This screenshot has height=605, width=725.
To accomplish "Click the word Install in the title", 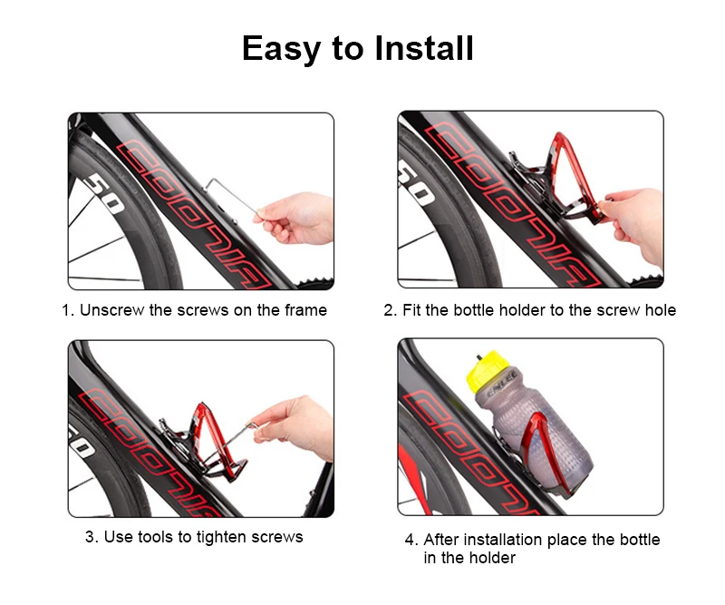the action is [424, 48].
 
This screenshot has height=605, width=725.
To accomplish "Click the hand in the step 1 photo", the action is [296, 218].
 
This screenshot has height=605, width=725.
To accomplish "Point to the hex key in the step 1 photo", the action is [230, 196].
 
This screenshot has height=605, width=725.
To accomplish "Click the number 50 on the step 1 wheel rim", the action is [104, 193].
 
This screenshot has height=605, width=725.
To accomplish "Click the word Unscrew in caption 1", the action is [111, 310].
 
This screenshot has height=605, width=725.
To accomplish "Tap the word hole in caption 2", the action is [661, 310].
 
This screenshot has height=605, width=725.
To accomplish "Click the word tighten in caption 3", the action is [221, 537].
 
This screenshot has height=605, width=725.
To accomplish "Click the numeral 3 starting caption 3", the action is [89, 537].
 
